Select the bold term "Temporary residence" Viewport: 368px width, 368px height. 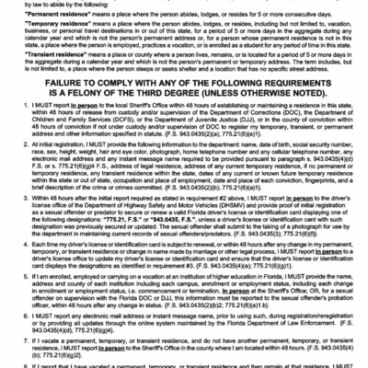pos(59,29)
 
